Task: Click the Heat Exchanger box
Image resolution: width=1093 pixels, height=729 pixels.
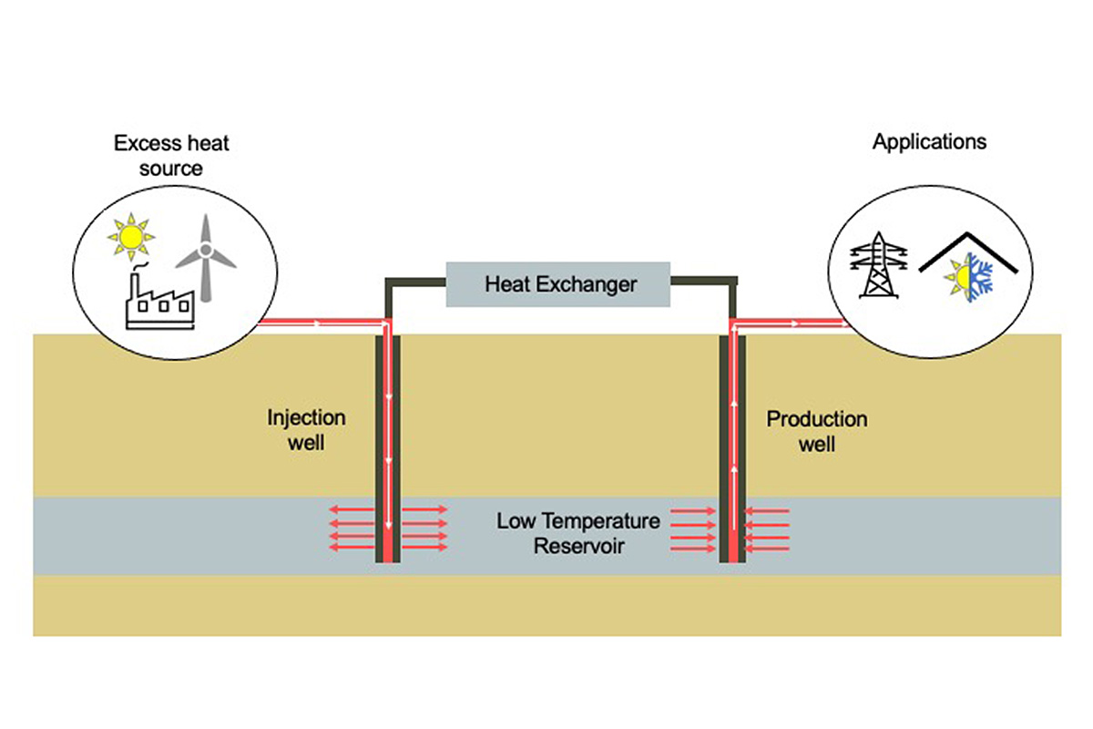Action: coord(557,283)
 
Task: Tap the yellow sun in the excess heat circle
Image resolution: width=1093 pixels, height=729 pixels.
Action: coord(130,237)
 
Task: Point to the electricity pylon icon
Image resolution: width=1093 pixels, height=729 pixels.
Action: coord(878,265)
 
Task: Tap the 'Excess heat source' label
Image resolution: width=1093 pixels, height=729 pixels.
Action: coord(158,155)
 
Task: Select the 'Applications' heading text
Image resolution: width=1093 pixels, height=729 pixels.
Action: coord(929,142)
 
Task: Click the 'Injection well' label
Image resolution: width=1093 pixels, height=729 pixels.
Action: coord(306,430)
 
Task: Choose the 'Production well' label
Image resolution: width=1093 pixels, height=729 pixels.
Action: coord(816,432)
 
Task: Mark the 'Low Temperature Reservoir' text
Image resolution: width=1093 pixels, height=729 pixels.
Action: coord(577,534)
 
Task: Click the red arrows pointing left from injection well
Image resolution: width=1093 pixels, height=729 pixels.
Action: coord(350,529)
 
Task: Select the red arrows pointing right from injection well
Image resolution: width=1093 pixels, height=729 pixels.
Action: coord(424,529)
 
